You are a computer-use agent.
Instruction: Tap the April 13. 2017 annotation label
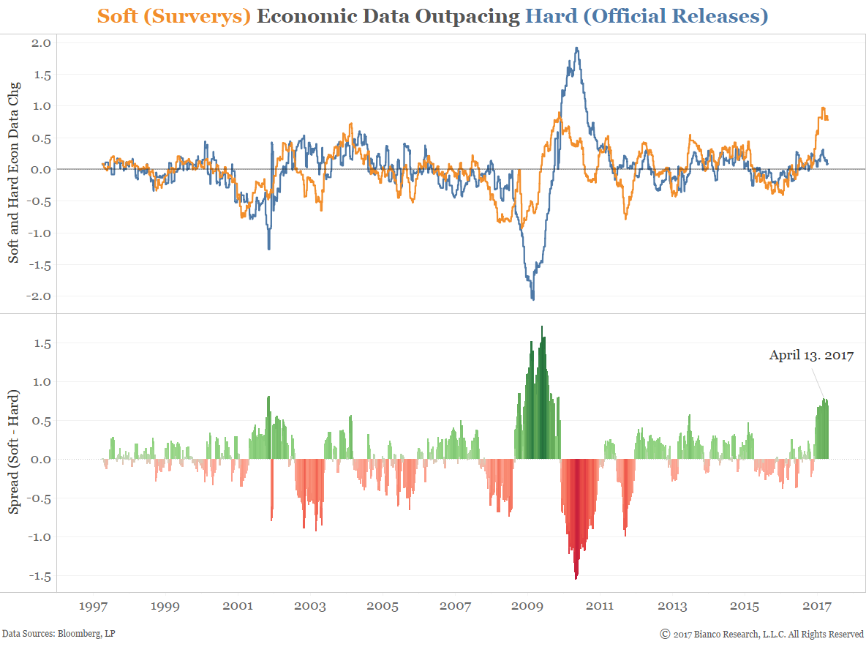tap(811, 356)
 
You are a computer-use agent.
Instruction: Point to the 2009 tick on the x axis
tap(527, 606)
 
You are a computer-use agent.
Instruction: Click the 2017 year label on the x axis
tap(816, 606)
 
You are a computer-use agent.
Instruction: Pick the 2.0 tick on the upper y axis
tap(41, 42)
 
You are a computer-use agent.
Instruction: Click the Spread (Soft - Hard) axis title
tap(14, 460)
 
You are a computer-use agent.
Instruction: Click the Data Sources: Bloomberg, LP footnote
tap(59, 633)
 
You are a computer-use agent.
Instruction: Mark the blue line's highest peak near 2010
tap(577, 48)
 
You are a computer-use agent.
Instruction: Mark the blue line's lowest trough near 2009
tap(532, 299)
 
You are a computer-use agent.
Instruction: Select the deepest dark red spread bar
tap(576, 578)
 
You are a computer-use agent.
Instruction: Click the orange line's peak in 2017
tap(823, 108)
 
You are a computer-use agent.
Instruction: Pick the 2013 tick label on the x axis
tap(671, 606)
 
